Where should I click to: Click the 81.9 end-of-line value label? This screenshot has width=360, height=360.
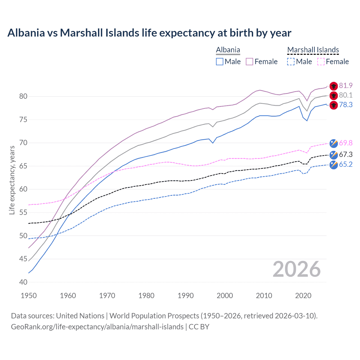pyautogui.click(x=346, y=85)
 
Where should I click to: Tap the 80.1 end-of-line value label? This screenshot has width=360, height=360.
pyautogui.click(x=346, y=95)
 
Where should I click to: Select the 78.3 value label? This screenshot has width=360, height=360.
pyautogui.click(x=346, y=105)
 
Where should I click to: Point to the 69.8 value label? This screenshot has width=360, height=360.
pyautogui.click(x=346, y=143)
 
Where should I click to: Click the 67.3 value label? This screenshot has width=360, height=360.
pyautogui.click(x=346, y=154)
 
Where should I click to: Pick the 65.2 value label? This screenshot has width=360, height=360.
pyautogui.click(x=346, y=164)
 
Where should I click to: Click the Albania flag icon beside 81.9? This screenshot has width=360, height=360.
pyautogui.click(x=334, y=86)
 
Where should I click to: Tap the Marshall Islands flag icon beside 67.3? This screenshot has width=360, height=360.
pyautogui.click(x=334, y=155)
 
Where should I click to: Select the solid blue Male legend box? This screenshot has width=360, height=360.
pyautogui.click(x=220, y=62)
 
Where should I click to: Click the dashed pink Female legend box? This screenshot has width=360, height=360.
pyautogui.click(x=321, y=62)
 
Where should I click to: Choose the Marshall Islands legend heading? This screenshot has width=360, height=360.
pyautogui.click(x=313, y=50)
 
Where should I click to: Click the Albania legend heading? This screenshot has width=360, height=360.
pyautogui.click(x=228, y=50)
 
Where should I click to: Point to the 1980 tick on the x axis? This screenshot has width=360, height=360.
pyautogui.click(x=147, y=296)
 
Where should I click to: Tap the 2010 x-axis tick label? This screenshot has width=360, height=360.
pyautogui.click(x=264, y=296)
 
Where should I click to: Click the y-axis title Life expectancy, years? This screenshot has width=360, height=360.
pyautogui.click(x=12, y=180)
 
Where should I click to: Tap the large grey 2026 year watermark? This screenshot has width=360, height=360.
pyautogui.click(x=296, y=269)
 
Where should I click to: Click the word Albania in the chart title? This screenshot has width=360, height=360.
pyautogui.click(x=26, y=33)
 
